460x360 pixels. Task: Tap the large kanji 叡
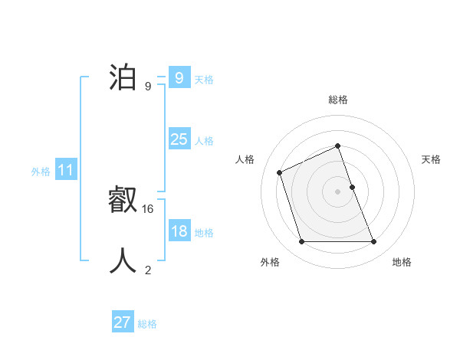coord(123,201)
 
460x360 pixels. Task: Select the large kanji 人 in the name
coord(123,260)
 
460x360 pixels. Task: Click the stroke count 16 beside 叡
coord(149,208)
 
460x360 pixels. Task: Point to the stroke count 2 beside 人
coord(148,270)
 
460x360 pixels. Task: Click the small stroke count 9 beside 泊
coord(148,87)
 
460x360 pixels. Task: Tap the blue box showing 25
coord(179,139)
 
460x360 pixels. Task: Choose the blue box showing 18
coord(179,231)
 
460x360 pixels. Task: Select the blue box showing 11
coord(65,170)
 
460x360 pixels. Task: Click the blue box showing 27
coord(123,322)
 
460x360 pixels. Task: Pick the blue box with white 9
coord(179,78)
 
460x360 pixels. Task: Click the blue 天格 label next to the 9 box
coord(204,80)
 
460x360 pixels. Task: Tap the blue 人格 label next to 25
coord(204,141)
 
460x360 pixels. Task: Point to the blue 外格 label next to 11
coord(41,172)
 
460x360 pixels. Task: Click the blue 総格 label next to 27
coord(147,324)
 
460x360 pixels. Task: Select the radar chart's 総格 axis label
coord(338,100)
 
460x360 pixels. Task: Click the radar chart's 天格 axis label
coord(432,159)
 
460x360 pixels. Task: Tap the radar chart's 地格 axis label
coord(402,263)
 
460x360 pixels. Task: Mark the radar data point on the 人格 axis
coord(279,172)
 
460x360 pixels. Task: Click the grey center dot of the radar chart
coord(337,191)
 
